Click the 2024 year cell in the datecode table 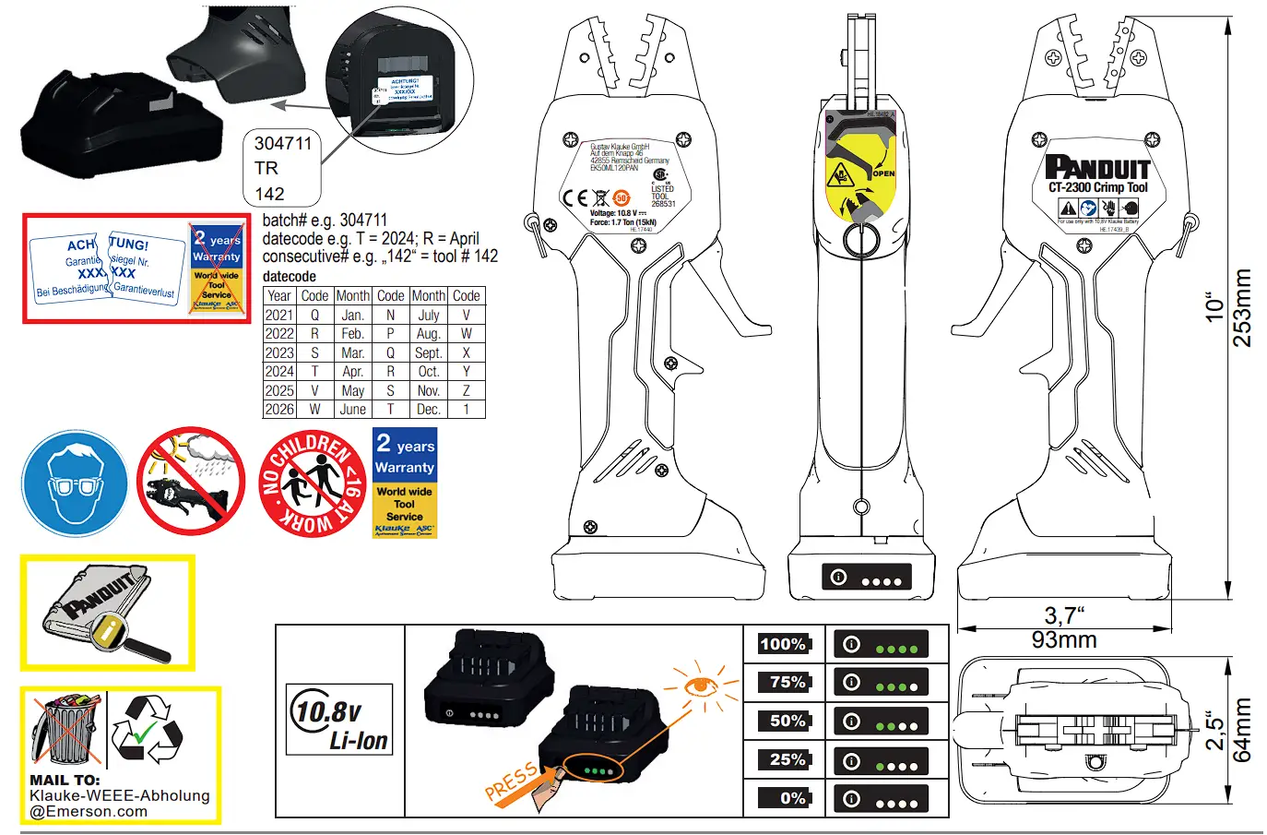278,372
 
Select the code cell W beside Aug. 466,334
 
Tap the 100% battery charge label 783,644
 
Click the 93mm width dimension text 1064,640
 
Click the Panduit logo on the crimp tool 1097,168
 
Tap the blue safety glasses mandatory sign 75,483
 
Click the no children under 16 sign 313,483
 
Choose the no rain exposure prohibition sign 191,481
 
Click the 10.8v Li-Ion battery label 339,721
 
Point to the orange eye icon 701,686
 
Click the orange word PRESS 510,782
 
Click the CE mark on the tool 575,197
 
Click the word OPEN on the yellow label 883,173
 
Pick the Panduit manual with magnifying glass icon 107,613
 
